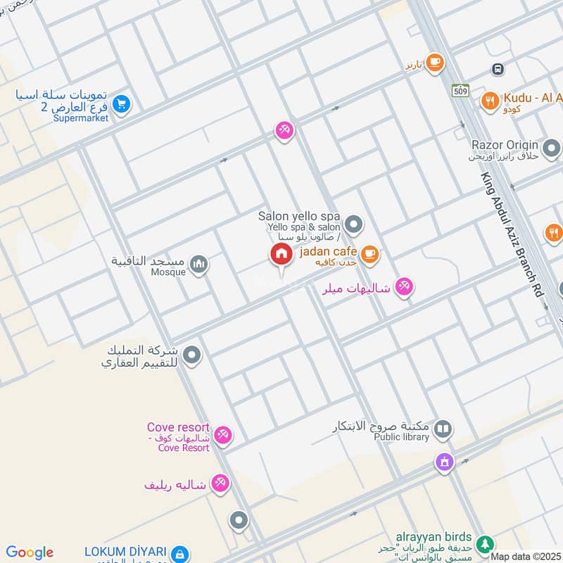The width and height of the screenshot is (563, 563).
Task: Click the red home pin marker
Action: click(x=281, y=255)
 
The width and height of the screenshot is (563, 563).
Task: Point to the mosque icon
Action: click(x=199, y=264)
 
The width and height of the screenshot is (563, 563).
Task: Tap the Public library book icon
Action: click(x=442, y=429)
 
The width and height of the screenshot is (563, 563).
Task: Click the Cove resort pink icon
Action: click(x=223, y=435)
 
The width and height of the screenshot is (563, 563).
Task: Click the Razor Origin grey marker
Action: click(x=552, y=148)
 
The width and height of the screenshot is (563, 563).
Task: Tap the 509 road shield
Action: click(x=461, y=90)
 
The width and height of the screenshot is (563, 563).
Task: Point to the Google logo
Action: click(x=30, y=552)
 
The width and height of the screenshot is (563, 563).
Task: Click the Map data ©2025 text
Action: click(x=526, y=556)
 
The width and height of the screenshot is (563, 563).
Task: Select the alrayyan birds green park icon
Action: click(x=483, y=544)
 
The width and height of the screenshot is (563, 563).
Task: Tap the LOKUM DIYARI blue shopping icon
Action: click(x=180, y=553)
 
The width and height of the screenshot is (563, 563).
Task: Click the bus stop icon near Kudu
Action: click(x=498, y=69)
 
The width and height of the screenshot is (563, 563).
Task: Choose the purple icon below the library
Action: click(x=443, y=462)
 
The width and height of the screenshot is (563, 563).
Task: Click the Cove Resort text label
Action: click(x=179, y=427)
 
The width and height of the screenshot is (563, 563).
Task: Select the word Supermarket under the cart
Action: click(x=80, y=118)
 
